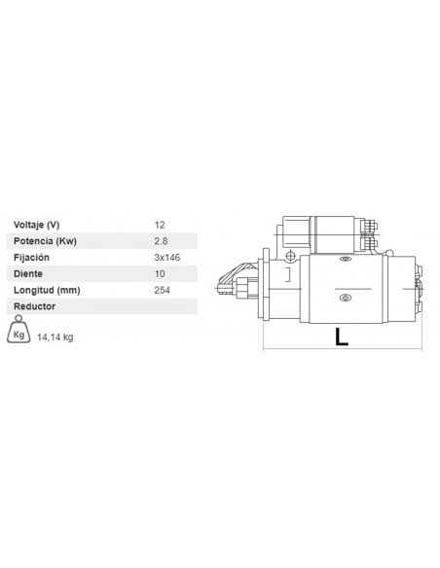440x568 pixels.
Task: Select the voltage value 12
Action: coord(160,225)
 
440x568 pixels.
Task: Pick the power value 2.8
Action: coord(161,241)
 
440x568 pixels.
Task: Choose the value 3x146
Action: coord(167,258)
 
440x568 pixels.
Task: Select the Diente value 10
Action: coord(160,273)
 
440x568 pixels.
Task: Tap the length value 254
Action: coord(163,290)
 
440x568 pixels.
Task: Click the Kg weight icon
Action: coord(19,332)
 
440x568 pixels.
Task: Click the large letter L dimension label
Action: coord(341,337)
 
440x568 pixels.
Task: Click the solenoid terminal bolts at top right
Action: coord(368,231)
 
